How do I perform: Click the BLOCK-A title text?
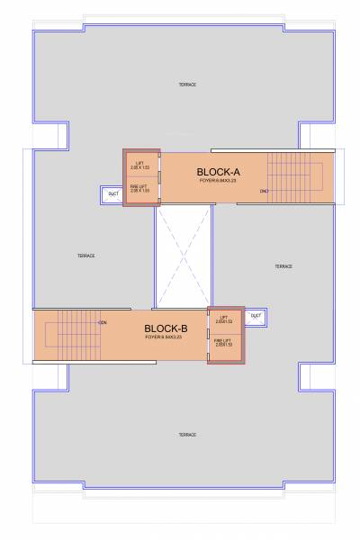[x=218, y=170]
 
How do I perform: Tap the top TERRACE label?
[x=186, y=85]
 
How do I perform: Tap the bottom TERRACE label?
[x=186, y=435]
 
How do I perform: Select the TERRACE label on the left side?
[x=85, y=256]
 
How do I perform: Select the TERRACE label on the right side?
[x=283, y=266]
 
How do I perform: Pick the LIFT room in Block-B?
[x=225, y=321]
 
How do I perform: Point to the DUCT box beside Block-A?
[x=113, y=193]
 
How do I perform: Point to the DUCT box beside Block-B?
[x=256, y=316]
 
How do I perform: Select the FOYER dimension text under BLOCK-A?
[x=218, y=181]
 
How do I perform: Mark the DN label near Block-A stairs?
[x=264, y=191]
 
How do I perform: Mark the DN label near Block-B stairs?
[x=103, y=322]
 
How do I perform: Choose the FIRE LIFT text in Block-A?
[x=139, y=187]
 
